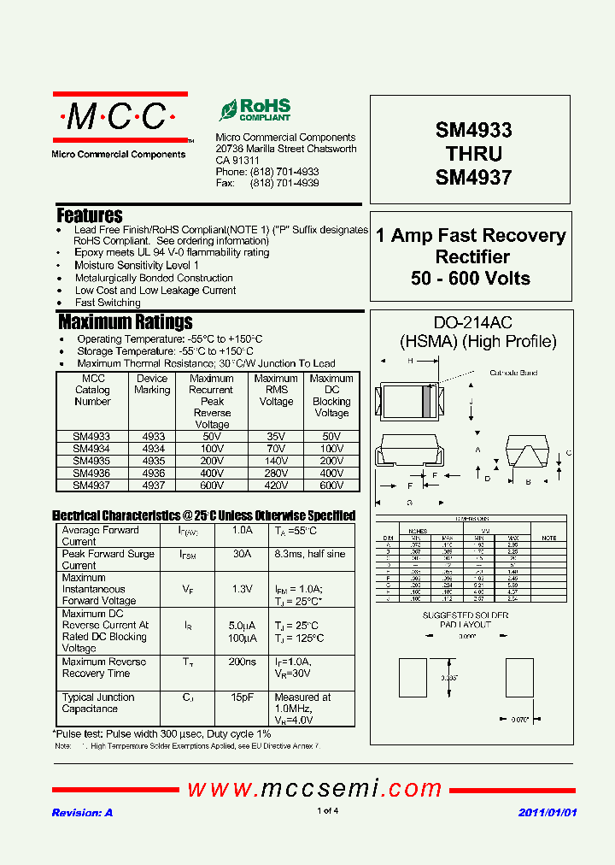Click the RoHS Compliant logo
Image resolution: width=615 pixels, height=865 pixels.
(255, 109)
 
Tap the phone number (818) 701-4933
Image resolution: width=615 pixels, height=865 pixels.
(284, 172)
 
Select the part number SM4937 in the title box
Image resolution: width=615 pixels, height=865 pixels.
(473, 178)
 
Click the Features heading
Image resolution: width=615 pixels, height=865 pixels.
(90, 215)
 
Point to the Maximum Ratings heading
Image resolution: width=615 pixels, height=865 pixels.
(126, 322)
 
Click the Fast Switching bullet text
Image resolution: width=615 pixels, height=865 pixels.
(108, 303)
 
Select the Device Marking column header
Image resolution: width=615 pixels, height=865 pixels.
(152, 384)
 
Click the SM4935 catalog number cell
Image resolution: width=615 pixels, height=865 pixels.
(91, 461)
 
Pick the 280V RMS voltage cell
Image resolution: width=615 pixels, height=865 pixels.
(276, 473)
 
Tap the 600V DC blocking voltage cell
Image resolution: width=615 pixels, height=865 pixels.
(331, 485)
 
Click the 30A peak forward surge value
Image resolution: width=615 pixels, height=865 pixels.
(243, 554)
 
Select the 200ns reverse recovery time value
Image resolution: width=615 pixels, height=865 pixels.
(243, 662)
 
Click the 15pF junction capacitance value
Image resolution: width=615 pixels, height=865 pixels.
(243, 697)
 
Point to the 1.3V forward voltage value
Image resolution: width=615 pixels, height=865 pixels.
(243, 589)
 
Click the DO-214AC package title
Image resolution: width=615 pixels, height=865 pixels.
(473, 323)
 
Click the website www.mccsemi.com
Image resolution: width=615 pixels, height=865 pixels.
(314, 788)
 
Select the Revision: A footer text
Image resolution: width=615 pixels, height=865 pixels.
(82, 812)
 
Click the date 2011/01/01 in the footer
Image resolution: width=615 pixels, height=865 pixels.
(548, 812)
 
